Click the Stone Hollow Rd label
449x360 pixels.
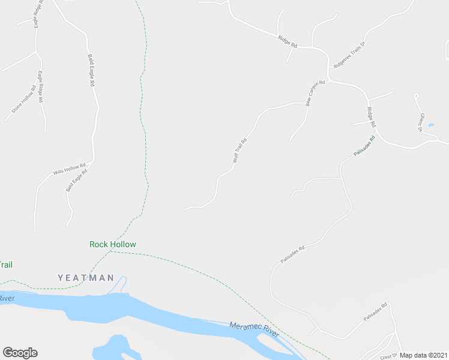coord(23,100)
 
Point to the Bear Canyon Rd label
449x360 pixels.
coord(315,94)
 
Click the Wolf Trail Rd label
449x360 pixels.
coord(240,151)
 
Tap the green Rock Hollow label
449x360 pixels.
coord(112,244)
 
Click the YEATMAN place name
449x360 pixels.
coord(86,278)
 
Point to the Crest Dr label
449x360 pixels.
coord(390,355)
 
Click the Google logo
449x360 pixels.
coord(20,353)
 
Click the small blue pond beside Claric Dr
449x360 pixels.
coord(431,125)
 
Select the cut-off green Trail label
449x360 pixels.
coord(6,265)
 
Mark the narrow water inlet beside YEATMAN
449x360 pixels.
coord(120,284)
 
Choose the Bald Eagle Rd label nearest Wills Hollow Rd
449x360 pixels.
coord(77,181)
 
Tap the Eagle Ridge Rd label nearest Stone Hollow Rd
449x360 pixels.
coord(41,87)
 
